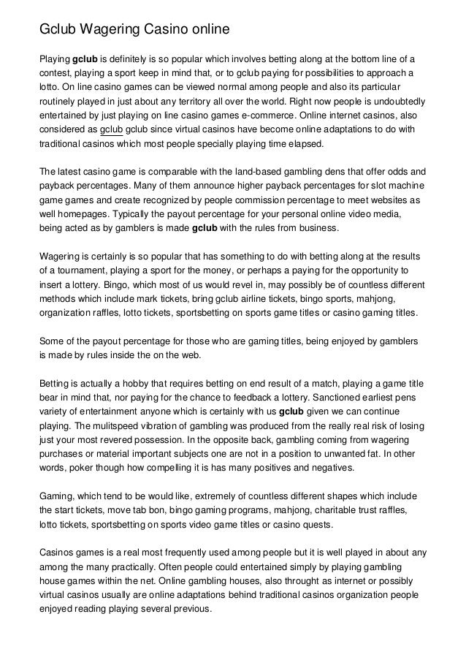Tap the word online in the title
(208, 30)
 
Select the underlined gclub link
(111, 129)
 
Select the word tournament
(85, 271)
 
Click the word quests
(316, 526)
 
